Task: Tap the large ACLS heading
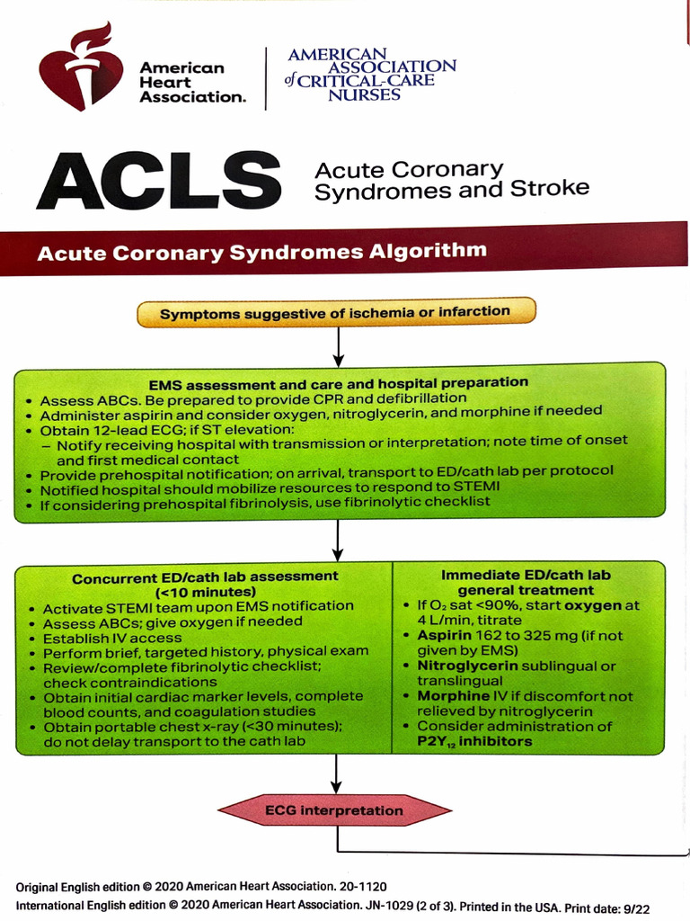click(158, 180)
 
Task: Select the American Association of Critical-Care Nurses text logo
click(371, 74)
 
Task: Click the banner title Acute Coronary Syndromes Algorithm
click(261, 252)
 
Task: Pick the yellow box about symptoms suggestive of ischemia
click(335, 312)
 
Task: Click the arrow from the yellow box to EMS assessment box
click(338, 344)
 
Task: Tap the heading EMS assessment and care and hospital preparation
click(338, 382)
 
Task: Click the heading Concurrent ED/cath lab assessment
click(206, 577)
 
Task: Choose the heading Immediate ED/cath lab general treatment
click(526, 583)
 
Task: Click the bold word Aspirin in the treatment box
click(444, 635)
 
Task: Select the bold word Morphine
click(449, 696)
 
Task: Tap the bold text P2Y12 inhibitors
click(474, 742)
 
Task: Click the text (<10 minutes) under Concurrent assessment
click(206, 592)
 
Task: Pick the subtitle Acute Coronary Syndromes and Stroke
click(452, 179)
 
